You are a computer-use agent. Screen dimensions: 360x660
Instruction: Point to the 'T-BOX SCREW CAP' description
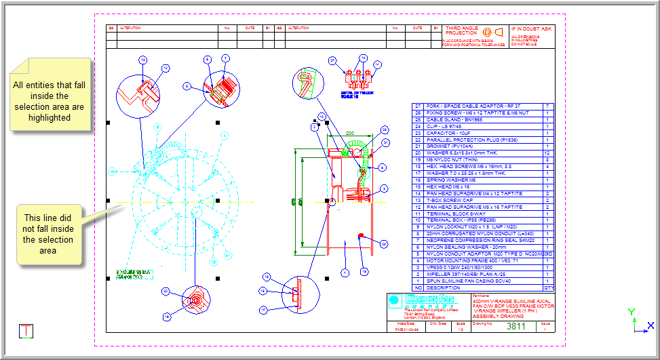click(454, 200)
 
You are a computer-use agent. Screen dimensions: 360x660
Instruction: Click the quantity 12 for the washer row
click(547, 153)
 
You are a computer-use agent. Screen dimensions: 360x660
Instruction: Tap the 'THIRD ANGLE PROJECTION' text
click(462, 32)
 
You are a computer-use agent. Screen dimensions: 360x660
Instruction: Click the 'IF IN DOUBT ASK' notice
click(531, 29)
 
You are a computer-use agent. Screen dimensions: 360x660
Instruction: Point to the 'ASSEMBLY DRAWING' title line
click(499, 317)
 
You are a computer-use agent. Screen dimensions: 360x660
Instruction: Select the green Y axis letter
click(632, 312)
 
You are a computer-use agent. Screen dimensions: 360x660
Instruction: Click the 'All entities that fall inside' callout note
click(49, 101)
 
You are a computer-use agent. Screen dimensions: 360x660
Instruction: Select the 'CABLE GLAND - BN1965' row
click(454, 119)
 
